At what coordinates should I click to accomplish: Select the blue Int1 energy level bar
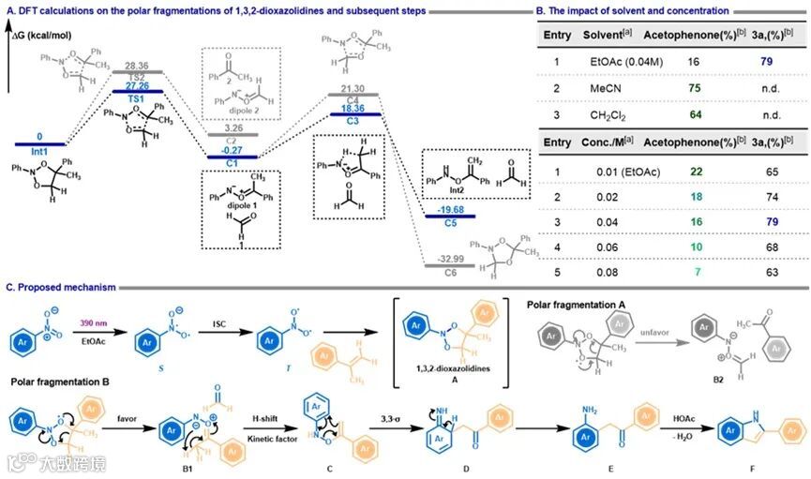click(39, 144)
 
